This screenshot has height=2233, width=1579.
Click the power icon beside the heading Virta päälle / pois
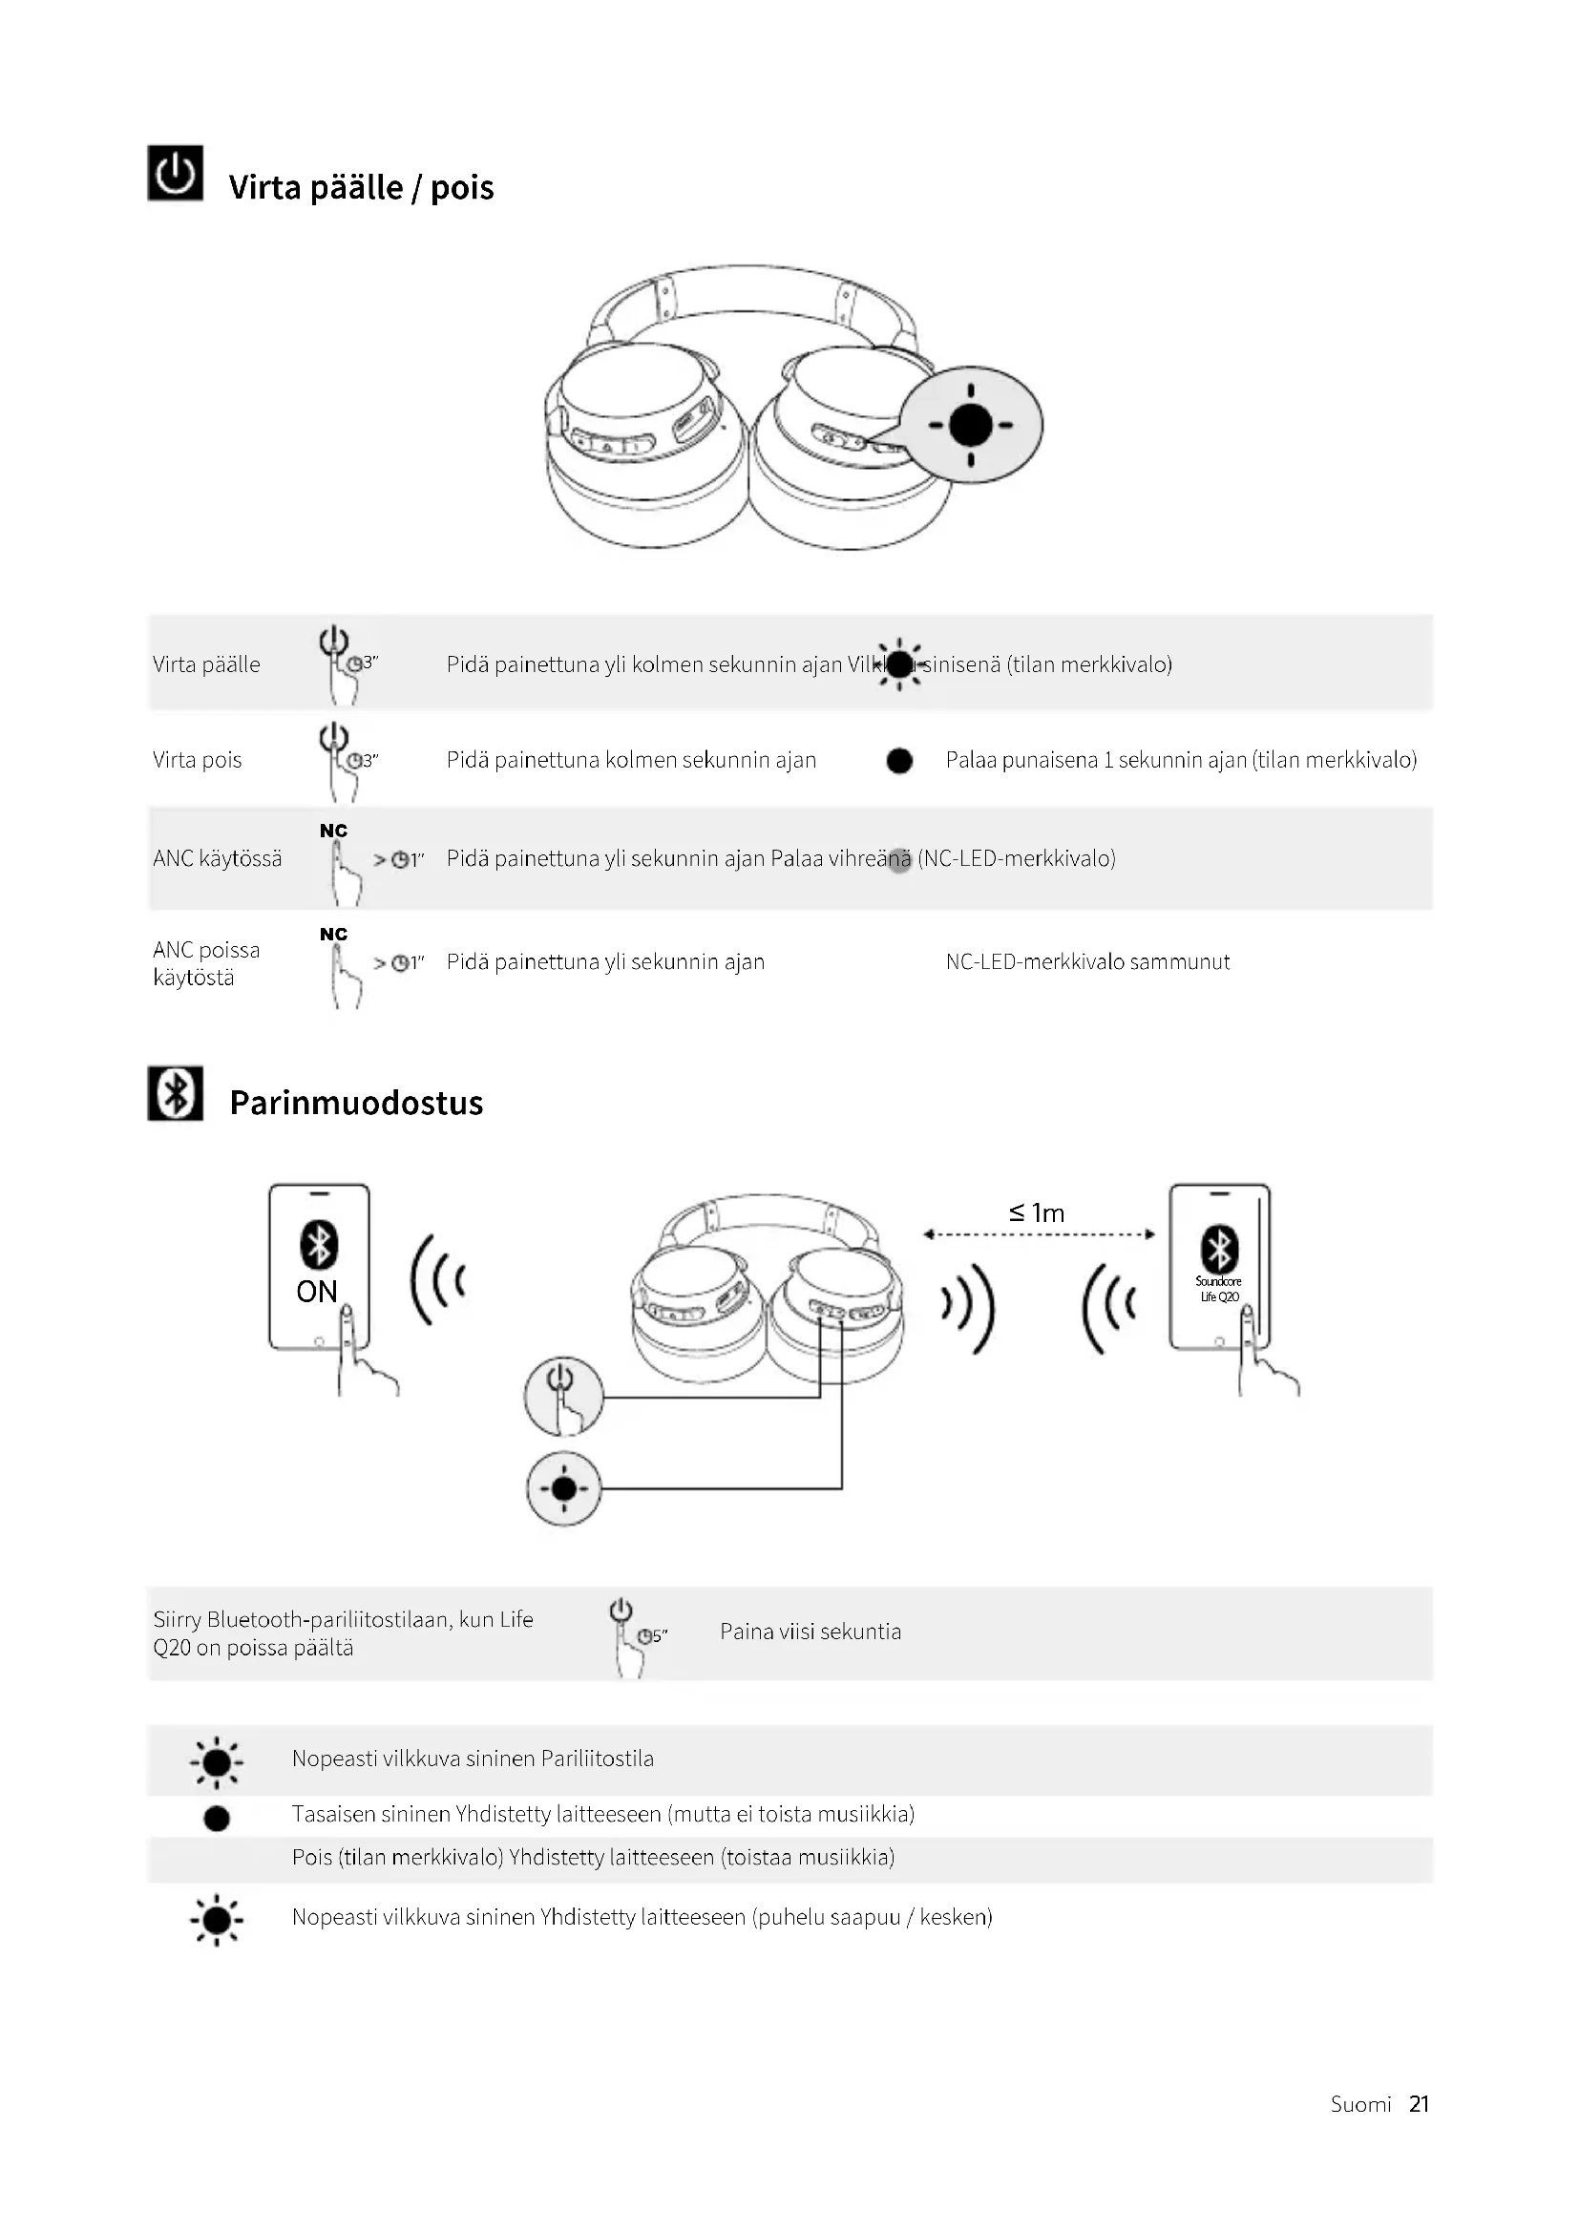click(175, 173)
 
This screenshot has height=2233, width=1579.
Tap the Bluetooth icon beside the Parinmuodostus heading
click(175, 1093)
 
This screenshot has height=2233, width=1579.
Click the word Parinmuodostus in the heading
click(356, 1103)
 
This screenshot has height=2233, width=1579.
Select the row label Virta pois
click(198, 760)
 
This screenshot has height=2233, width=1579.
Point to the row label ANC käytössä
click(217, 858)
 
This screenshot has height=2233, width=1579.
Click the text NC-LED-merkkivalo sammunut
click(1087, 962)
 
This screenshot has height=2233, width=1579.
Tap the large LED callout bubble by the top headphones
click(970, 425)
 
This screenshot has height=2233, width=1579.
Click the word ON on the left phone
click(317, 1292)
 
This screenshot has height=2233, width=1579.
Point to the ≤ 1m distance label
click(1037, 1212)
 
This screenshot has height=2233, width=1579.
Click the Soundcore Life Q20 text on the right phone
click(1218, 1289)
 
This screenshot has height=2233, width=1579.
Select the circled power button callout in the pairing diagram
click(564, 1397)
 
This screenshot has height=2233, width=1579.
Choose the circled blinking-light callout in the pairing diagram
click(564, 1488)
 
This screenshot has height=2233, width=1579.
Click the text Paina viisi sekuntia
click(810, 1631)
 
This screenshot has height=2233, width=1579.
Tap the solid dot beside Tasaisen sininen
click(217, 1818)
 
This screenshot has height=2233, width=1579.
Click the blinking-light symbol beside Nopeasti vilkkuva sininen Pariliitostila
click(217, 1761)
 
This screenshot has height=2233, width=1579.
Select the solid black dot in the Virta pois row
click(899, 761)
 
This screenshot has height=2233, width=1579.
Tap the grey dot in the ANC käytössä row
click(899, 860)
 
